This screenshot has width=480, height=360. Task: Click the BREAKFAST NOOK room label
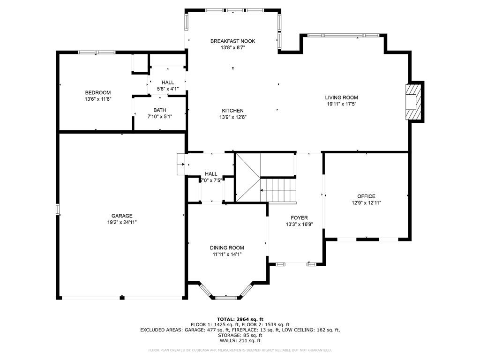232,41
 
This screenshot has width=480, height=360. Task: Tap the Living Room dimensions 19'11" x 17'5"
341,104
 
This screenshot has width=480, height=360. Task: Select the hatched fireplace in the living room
413,102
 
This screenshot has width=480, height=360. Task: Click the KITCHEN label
232,111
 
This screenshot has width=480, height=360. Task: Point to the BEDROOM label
98,92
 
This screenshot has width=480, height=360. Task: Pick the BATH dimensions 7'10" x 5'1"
160,116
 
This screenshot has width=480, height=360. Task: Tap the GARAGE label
122,216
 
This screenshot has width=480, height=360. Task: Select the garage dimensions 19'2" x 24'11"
122,222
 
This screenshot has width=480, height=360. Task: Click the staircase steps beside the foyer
278,190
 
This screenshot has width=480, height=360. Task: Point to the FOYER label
299,217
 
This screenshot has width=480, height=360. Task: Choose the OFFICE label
366,196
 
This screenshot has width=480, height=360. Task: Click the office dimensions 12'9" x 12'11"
366,202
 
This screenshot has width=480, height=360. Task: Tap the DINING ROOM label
227,247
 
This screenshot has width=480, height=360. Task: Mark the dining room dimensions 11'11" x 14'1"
227,254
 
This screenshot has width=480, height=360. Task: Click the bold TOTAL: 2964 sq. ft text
240,319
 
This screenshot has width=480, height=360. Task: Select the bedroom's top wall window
97,52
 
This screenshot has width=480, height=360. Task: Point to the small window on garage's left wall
58,210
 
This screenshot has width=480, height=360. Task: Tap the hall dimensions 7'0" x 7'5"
211,180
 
